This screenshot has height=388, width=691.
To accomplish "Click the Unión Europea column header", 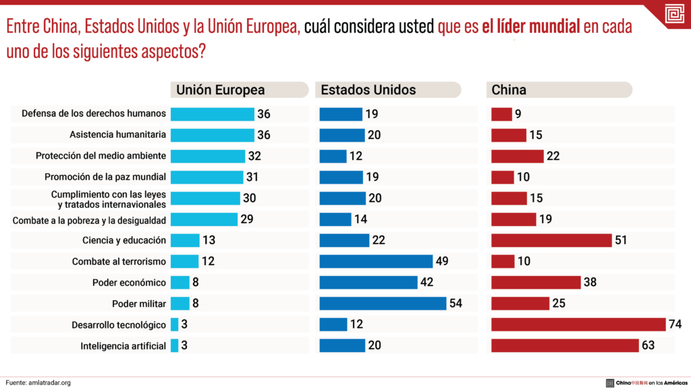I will coord(221,90).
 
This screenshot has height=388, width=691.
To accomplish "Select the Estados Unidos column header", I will coord(368,90).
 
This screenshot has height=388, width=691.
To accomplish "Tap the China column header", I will coord(509,90).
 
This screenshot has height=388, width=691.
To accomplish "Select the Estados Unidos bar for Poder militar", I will coord(383,304).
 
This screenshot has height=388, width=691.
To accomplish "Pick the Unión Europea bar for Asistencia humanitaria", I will coord(212,135).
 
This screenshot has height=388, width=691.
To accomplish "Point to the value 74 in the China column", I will coord(675,325).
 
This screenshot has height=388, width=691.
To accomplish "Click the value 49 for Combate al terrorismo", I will coord(442,261).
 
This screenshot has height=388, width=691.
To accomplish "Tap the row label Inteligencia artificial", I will coord(123,346).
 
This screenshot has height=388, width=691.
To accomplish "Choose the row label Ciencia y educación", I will coord(124,240).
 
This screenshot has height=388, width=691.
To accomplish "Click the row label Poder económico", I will coord(129,282).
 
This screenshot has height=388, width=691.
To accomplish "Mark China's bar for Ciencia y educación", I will coord(551,240).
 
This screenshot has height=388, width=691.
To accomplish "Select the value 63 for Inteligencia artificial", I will coord(648,345).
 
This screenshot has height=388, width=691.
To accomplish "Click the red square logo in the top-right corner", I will coord(673,14).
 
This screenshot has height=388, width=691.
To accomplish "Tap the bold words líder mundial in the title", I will coord(531,28).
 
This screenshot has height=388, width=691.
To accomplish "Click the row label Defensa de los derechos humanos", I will coord(94,113).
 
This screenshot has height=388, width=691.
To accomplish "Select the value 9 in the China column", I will coord(518,114).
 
